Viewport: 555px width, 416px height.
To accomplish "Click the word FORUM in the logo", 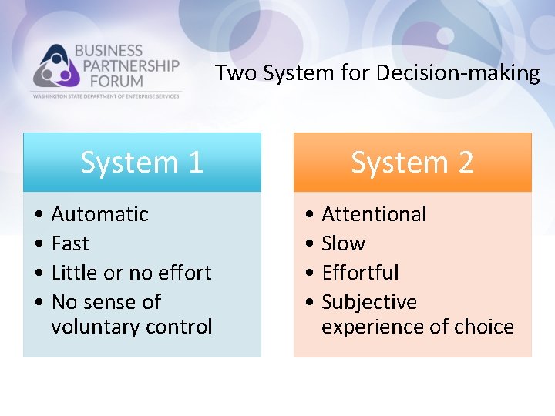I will tap(109, 80).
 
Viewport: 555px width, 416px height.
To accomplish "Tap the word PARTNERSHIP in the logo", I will tap(126, 65).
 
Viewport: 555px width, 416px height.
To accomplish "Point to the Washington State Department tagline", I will tap(105, 96).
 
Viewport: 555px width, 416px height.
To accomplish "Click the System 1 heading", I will tap(142, 163).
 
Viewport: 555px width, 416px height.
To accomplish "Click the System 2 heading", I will tap(412, 163).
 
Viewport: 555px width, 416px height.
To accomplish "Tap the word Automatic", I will tap(99, 214).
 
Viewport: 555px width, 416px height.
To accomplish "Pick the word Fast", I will tap(70, 243).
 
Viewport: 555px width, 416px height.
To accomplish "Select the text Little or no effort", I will tap(131, 273).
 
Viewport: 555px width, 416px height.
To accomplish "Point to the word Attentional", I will tap(374, 214).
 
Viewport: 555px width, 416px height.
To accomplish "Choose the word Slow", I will tap(343, 243).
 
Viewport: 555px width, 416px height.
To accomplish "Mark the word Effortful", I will tap(360, 273).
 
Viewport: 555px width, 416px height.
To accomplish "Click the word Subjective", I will tap(369, 302).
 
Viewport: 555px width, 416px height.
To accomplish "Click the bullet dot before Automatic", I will tap(38, 215).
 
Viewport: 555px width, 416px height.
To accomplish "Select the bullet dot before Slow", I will tap(308, 244).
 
